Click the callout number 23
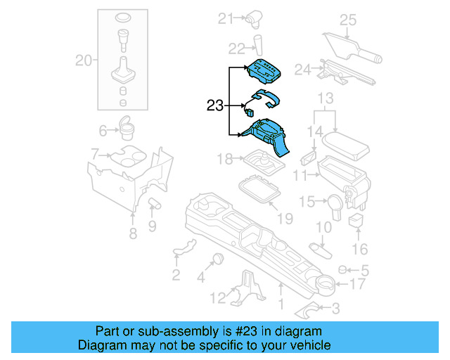coord(215,106)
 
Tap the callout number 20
coord(84,61)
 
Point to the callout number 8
coord(133,234)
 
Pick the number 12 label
coord(219,297)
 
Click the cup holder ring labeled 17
coord(324,284)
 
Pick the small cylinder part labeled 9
coord(155,205)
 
